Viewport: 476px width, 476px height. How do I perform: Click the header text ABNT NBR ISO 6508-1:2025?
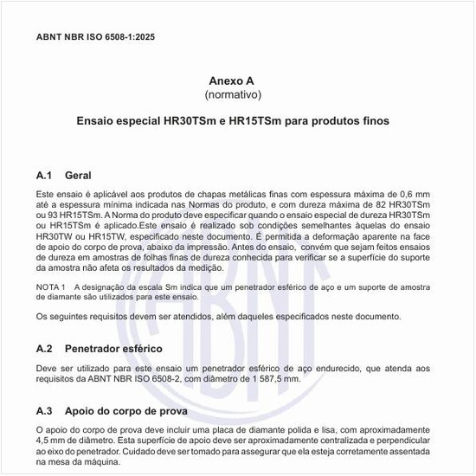95,38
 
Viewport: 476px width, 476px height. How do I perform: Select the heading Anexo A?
232,78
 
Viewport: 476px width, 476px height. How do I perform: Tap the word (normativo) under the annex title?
232,93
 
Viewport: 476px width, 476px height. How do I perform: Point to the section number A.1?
45,175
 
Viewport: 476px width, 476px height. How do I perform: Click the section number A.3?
45,410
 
